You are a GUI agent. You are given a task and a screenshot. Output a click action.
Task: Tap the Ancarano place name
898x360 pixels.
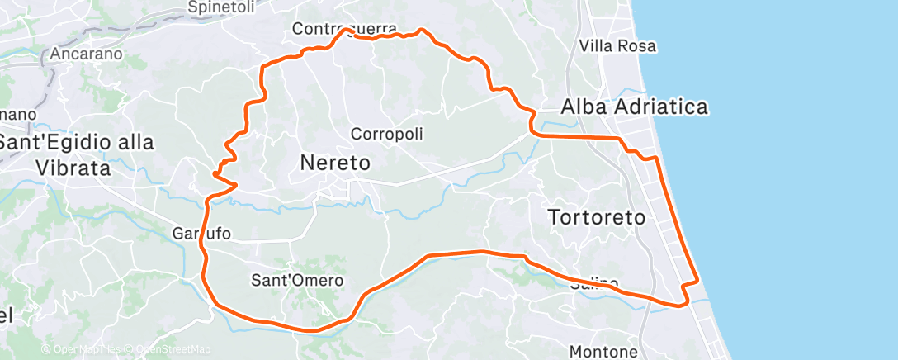[x=86, y=54]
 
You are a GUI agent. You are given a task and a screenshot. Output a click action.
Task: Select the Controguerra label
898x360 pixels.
[x=344, y=29]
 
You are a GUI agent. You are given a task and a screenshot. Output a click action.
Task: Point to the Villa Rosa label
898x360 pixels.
[x=617, y=45]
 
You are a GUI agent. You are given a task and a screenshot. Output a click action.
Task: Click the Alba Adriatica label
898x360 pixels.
[x=634, y=107]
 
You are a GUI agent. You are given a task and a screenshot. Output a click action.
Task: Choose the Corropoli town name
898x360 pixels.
[x=387, y=133]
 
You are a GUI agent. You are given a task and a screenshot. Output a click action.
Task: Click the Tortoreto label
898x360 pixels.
[x=598, y=216]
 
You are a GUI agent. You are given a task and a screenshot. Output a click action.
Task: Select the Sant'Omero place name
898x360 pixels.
[x=296, y=281]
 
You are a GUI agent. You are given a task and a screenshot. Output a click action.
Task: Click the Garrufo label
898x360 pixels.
[x=202, y=234]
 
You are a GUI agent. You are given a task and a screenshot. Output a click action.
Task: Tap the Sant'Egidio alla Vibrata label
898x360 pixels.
[x=76, y=154]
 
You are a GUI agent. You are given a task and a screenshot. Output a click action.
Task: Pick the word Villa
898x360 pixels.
[x=598, y=45]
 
